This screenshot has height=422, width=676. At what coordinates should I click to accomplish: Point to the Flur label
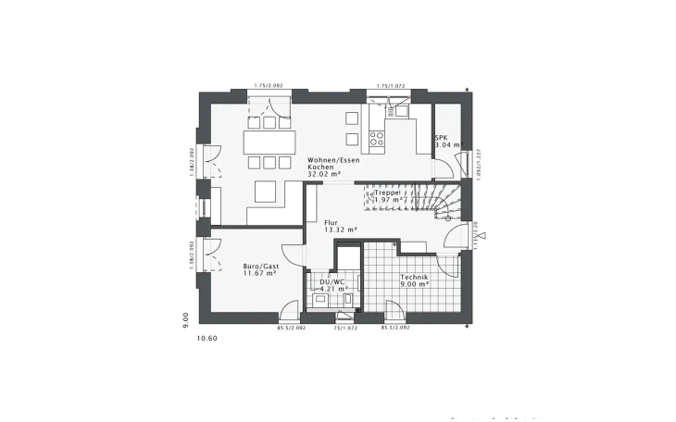point(331,222)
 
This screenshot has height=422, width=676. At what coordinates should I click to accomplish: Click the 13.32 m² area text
point(340,230)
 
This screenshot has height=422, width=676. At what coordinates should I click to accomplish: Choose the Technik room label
point(413,277)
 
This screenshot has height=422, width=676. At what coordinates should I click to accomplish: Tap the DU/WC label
point(332,280)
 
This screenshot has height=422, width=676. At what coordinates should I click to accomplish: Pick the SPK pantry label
point(441,138)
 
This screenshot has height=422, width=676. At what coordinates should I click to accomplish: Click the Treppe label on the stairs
point(388,192)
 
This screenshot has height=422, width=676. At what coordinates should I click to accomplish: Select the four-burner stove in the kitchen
point(377,139)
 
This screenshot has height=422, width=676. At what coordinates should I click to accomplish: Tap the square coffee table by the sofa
point(265,192)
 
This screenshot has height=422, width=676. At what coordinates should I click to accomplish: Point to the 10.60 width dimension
point(207,338)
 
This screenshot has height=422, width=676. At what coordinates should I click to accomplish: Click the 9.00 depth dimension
point(186,319)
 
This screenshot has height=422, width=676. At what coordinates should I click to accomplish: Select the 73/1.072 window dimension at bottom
point(345,327)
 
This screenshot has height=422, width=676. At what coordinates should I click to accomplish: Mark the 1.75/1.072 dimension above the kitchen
point(390,86)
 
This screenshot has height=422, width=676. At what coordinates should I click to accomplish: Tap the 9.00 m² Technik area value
point(414,285)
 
